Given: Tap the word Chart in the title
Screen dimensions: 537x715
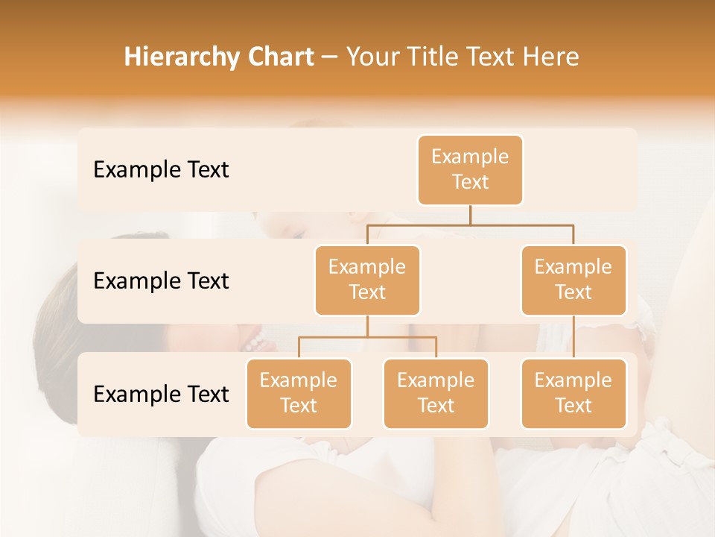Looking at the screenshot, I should pyautogui.click(x=278, y=57).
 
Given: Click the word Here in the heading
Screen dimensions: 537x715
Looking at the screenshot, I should pyautogui.click(x=551, y=57).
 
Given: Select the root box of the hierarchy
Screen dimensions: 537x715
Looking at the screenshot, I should pyautogui.click(x=470, y=169).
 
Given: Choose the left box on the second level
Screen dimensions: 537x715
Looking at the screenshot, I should pyautogui.click(x=367, y=280).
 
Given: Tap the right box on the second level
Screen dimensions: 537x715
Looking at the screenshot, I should pyautogui.click(x=573, y=280).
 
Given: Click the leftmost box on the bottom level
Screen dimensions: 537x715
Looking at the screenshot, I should pyautogui.click(x=299, y=393).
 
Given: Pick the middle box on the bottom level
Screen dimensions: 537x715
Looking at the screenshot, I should pyautogui.click(x=436, y=393).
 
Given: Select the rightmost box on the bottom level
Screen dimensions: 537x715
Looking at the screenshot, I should pyautogui.click(x=573, y=393).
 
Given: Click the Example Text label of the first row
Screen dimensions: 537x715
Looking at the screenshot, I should pyautogui.click(x=161, y=169).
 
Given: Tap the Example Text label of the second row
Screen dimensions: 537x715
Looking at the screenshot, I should pyautogui.click(x=161, y=280).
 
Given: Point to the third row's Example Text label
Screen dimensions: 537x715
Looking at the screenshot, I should pyautogui.click(x=161, y=394).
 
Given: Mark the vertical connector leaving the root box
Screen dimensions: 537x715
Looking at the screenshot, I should pyautogui.click(x=470, y=214).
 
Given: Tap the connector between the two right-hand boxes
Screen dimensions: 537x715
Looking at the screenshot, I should pyautogui.click(x=573, y=337).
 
